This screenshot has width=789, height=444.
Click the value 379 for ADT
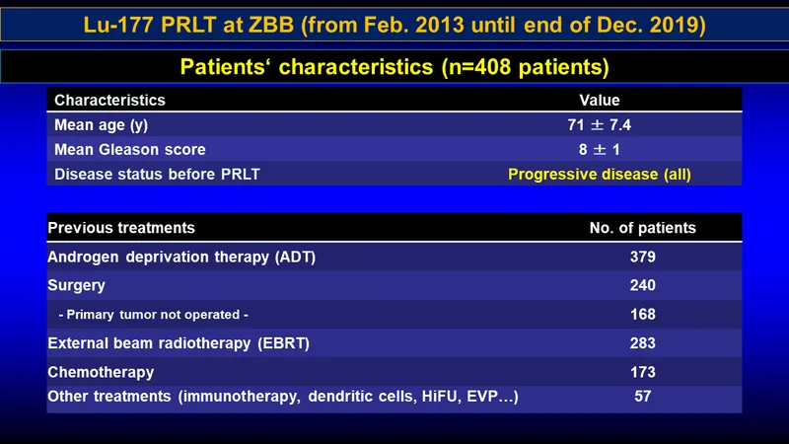click(643, 257)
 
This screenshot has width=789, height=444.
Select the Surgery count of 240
click(643, 285)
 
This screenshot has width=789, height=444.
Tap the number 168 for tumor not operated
click(643, 314)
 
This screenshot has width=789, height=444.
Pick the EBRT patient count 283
click(643, 343)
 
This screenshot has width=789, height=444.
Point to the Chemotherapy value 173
click(643, 372)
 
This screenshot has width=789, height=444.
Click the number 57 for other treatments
click(643, 397)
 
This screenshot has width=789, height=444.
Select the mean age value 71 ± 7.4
click(599, 125)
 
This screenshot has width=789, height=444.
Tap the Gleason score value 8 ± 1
click(599, 150)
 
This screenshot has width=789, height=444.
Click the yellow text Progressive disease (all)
click(600, 175)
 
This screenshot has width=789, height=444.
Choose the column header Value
click(600, 101)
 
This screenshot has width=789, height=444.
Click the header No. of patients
click(643, 228)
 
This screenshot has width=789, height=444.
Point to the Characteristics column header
click(109, 101)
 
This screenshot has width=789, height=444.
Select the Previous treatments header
click(121, 228)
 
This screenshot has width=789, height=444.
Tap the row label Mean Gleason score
click(130, 150)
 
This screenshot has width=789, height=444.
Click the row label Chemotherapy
click(101, 373)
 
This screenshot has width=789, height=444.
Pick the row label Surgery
click(77, 285)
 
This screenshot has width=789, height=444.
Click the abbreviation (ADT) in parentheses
click(295, 258)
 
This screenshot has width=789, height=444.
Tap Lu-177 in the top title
click(118, 25)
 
